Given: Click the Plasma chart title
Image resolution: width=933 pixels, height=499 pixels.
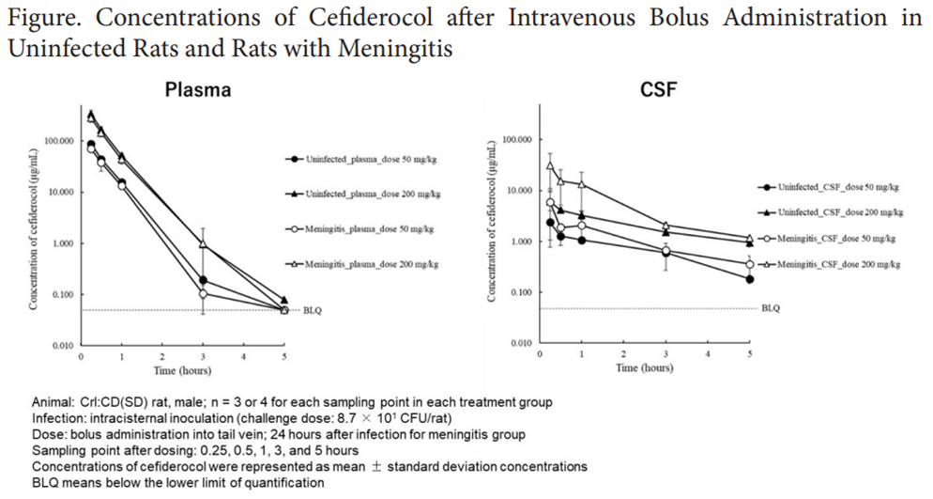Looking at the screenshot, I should [x=198, y=90].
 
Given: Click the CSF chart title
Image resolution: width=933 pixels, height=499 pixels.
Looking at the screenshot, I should [x=658, y=90].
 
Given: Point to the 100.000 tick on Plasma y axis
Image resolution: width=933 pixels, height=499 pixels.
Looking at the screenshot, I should [x=60, y=141].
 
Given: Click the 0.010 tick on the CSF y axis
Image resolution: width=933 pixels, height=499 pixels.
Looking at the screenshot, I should [x=517, y=344].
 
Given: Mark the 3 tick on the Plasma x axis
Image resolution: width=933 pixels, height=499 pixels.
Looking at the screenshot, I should [x=204, y=356].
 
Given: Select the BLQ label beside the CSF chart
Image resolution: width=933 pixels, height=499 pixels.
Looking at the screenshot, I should [x=770, y=307].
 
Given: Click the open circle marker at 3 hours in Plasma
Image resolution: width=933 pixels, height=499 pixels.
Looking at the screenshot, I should [x=204, y=294].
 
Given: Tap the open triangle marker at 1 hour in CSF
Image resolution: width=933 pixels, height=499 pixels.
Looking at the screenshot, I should [x=582, y=184].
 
